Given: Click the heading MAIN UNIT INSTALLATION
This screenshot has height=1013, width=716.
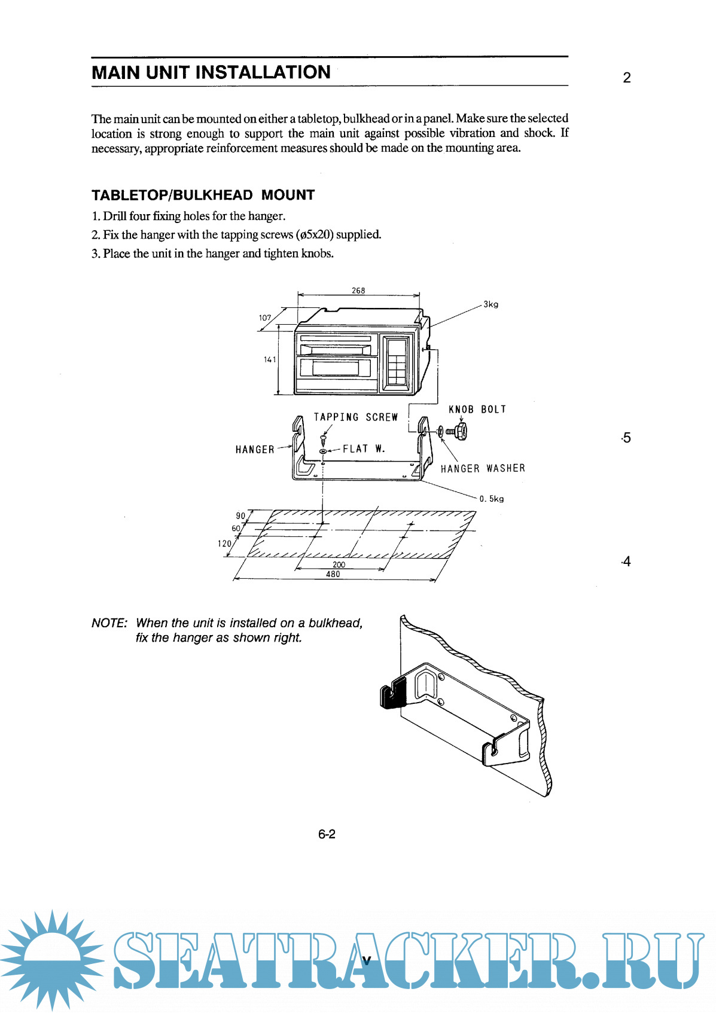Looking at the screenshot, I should pos(211,72).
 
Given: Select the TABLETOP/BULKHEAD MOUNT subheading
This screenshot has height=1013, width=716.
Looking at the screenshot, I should pos(203,195).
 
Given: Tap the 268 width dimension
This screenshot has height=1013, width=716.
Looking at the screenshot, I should pos(358,291).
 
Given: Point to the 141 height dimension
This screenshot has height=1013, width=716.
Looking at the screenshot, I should pos(270,359).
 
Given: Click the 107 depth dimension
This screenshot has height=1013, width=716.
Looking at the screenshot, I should pos(265,318).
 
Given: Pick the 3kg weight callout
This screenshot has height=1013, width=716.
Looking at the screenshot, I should pos(490,304).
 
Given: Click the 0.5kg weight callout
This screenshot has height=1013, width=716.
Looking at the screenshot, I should pos(491,499).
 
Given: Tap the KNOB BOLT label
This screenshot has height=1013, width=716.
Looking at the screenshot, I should pos(477,410).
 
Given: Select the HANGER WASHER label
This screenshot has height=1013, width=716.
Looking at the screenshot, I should pos(483,469).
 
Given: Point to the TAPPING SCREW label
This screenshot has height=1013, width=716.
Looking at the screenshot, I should pos(356,417).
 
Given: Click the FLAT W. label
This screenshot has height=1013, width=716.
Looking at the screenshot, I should pos(364,449).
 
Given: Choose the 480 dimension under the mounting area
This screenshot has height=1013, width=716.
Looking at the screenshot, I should pos(333,574).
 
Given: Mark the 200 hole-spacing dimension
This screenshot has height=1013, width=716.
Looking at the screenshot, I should pos(339,565).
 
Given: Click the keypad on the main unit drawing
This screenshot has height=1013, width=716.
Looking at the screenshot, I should pos(396,361).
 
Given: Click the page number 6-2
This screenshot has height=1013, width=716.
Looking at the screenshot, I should pos(327,834).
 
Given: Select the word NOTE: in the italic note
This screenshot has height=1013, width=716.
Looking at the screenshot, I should pos(109,623).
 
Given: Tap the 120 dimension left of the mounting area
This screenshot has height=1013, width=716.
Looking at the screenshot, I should pos(224,544).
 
